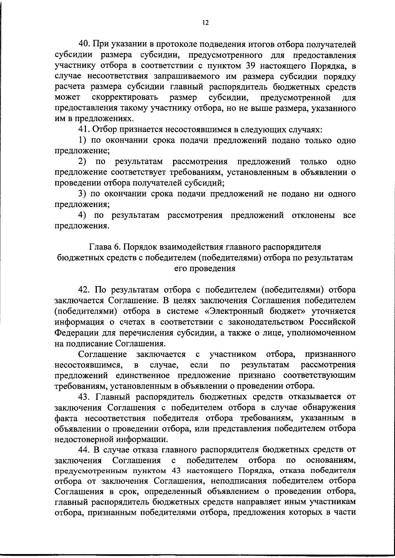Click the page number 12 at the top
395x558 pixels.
[x=205, y=23]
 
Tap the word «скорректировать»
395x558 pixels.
[x=125, y=98]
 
